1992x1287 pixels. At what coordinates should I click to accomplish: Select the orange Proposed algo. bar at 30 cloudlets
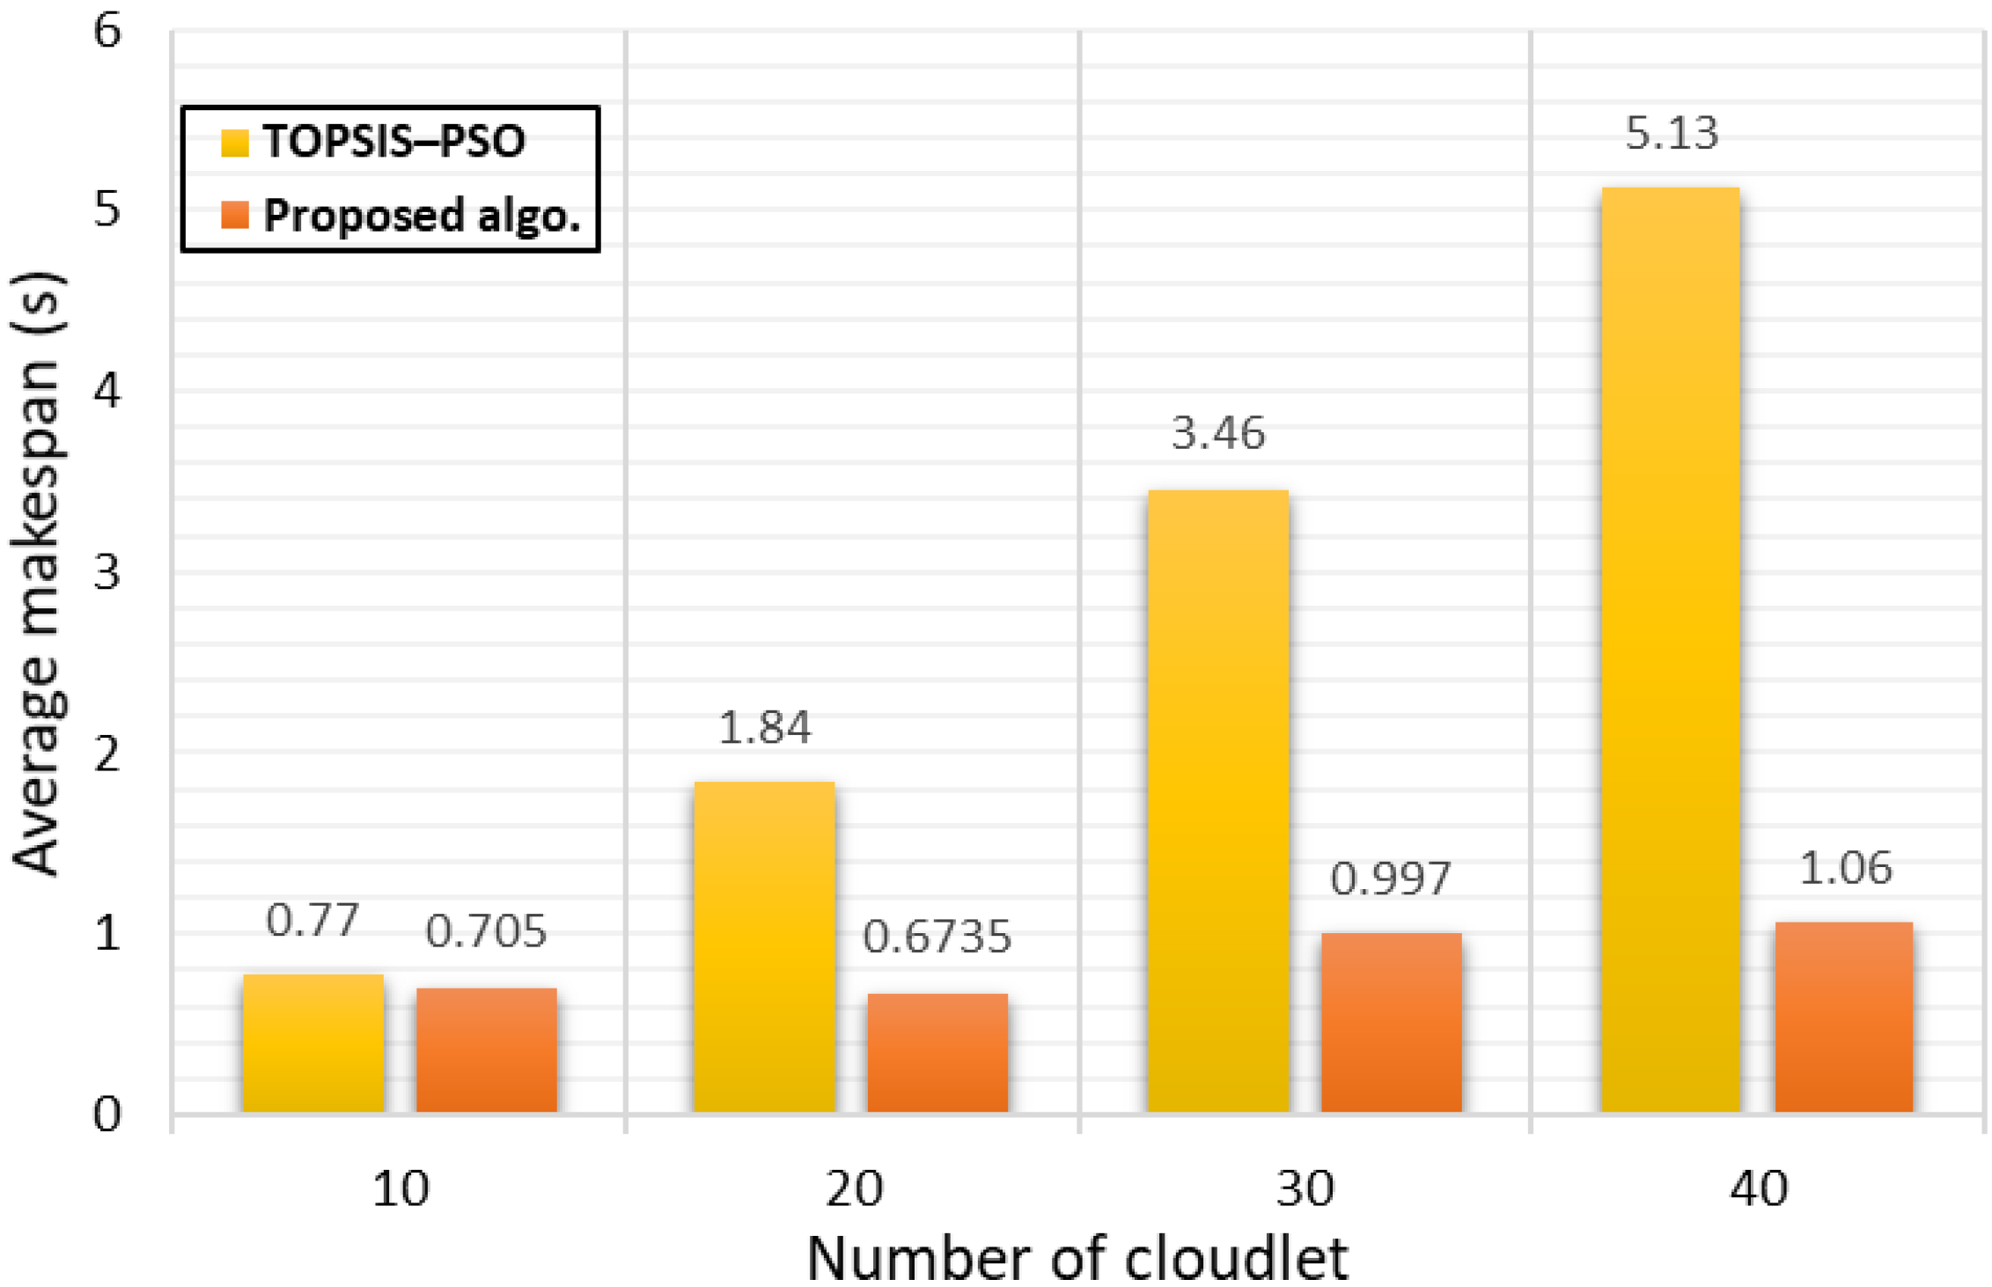tap(1391, 1022)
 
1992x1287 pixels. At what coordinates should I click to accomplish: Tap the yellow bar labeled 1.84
tap(764, 946)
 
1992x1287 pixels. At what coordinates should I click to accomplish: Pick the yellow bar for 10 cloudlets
tap(312, 1043)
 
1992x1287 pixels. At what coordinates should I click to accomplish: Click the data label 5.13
tap(1671, 134)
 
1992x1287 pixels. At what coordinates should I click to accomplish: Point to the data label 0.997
tap(1390, 879)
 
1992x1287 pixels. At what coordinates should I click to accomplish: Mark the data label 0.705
tap(486, 931)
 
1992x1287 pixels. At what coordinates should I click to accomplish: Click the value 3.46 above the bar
tap(1217, 434)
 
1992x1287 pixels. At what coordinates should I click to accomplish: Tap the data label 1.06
tap(1844, 869)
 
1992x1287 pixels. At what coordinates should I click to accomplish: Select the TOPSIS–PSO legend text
tap(394, 141)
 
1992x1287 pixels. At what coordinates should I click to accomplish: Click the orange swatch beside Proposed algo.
tap(235, 215)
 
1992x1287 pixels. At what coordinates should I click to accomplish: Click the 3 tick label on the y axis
tap(107, 573)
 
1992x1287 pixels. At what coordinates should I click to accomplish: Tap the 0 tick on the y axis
tap(107, 1114)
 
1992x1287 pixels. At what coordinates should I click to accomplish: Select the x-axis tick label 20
tap(853, 1189)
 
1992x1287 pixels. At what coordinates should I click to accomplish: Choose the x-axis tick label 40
tap(1758, 1189)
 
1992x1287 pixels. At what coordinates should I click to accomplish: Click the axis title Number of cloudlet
tap(1077, 1259)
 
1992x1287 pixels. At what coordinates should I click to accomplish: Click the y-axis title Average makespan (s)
tap(37, 572)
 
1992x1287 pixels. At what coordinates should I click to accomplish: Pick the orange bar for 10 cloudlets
tap(486, 1049)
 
